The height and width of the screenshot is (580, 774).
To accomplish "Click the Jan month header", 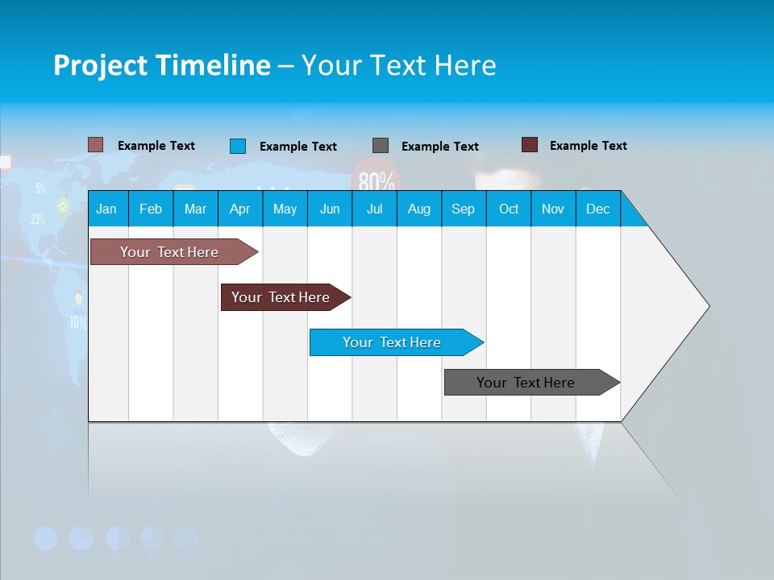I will [106, 209].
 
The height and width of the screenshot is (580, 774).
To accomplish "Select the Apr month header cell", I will [239, 209].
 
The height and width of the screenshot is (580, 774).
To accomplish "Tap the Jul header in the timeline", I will [374, 209].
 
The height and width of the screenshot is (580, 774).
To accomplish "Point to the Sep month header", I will [463, 209].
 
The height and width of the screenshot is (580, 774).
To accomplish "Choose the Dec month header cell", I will [597, 209].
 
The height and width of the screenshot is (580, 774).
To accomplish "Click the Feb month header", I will [151, 209].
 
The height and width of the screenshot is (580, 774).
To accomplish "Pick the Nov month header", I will [552, 209].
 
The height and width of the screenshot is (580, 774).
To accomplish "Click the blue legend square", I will [238, 146].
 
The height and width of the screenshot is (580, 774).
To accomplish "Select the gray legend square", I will [381, 146].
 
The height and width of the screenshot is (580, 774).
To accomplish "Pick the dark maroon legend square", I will [530, 145].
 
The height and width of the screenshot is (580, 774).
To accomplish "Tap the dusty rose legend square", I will [96, 145].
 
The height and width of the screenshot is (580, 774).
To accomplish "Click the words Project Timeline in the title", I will [161, 65].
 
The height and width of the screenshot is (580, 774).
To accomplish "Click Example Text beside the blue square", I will [298, 147].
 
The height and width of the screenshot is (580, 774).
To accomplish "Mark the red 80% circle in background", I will [376, 179].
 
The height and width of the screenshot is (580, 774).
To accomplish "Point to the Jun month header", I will [330, 209].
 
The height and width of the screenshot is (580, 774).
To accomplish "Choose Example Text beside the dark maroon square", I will [589, 146].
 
